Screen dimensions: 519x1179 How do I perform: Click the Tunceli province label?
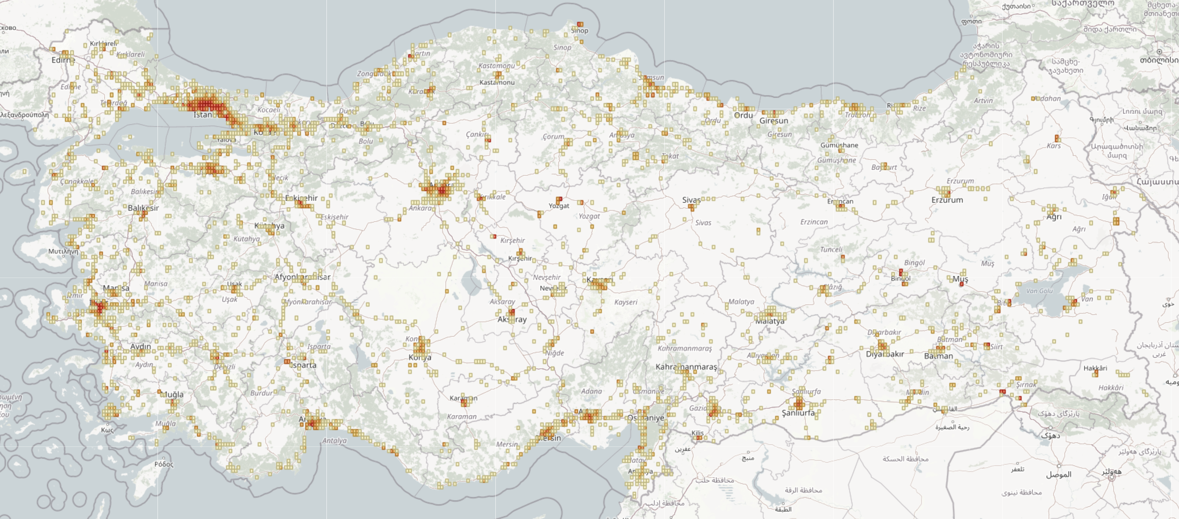pos(831,249)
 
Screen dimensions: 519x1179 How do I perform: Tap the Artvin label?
pos(983,101)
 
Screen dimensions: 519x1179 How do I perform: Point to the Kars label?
pos(1053,146)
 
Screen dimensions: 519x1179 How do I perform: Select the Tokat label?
pos(670,156)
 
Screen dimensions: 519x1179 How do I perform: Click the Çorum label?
pos(553,136)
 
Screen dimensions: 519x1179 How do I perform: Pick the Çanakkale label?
pos(78,181)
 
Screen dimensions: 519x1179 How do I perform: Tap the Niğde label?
pos(554,353)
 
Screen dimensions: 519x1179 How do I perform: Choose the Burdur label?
pos(261,393)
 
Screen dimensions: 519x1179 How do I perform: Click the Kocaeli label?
pos(269,110)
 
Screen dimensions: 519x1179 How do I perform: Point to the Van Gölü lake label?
pos(1039,291)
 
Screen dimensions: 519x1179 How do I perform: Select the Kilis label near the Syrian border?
pos(698,432)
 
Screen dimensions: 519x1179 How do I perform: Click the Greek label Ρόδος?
pos(164,464)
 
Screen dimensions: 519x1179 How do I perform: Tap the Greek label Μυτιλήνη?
pos(63,251)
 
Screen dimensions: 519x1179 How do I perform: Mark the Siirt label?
pos(996,347)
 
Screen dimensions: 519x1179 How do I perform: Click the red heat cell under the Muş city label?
pos(961,284)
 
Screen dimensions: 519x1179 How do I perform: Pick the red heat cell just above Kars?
pos(1057,138)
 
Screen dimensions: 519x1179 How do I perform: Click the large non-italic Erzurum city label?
pos(947,200)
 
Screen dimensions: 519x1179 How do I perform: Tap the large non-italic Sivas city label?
pos(691,200)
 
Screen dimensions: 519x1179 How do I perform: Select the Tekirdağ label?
pos(114,103)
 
